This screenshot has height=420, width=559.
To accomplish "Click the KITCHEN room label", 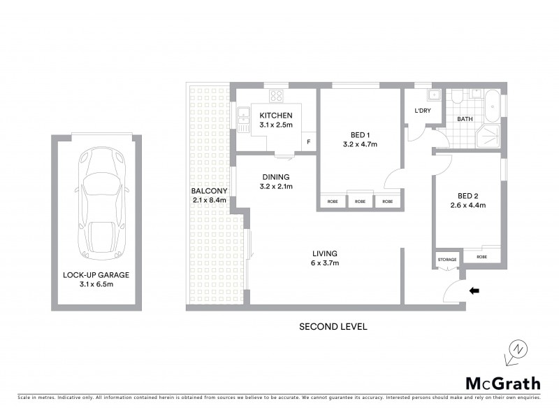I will coord(275,115).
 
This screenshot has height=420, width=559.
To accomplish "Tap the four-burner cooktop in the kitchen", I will coord(276,96).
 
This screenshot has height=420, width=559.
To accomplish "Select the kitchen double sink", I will coord(243,120).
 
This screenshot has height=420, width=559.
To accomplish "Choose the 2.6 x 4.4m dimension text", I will coord(467,205).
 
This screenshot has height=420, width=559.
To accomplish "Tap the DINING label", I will coord(275,177).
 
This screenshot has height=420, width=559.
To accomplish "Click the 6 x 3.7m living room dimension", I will coord(326,263).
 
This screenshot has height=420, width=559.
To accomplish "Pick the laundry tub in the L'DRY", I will coord(433,96).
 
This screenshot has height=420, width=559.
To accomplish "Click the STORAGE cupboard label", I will coord(447,260).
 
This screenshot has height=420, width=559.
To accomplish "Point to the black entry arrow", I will coord(474,290).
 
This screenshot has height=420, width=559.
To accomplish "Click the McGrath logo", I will coord(502,383).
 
